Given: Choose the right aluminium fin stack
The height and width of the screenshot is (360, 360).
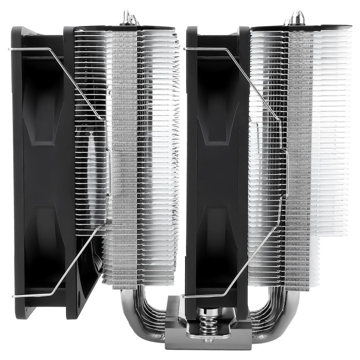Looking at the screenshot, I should click(300, 150).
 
